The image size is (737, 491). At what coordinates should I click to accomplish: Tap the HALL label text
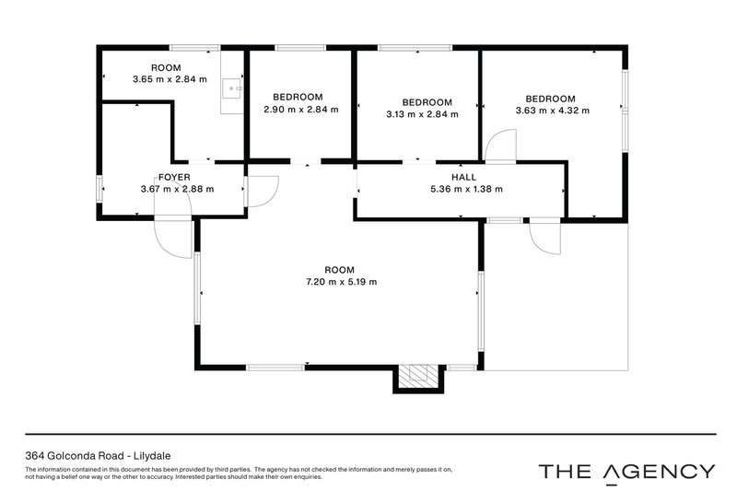click(465, 177)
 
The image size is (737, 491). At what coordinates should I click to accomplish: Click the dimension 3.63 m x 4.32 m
click(551, 111)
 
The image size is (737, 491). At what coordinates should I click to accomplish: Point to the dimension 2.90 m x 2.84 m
click(300, 110)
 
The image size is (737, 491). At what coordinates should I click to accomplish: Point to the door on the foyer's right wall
click(262, 190)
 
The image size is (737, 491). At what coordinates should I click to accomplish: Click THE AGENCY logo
click(626, 471)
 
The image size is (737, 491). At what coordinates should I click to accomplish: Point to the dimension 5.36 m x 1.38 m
click(465, 190)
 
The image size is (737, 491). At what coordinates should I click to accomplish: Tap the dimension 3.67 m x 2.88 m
click(177, 190)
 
